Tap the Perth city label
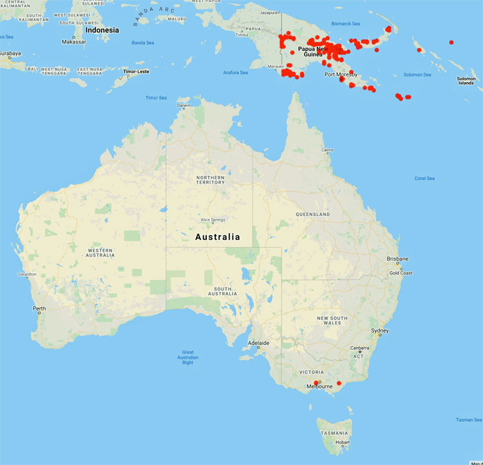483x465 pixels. (39, 308)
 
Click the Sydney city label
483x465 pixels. (380, 330)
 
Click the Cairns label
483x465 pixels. (327, 150)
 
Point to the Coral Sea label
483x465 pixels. (424, 178)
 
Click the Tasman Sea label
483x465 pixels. (469, 419)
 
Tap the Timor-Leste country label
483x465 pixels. (135, 71)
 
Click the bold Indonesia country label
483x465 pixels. (101, 30)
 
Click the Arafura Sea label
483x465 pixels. (235, 72)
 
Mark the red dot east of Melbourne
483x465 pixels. (339, 383)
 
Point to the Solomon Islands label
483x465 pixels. (466, 81)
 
